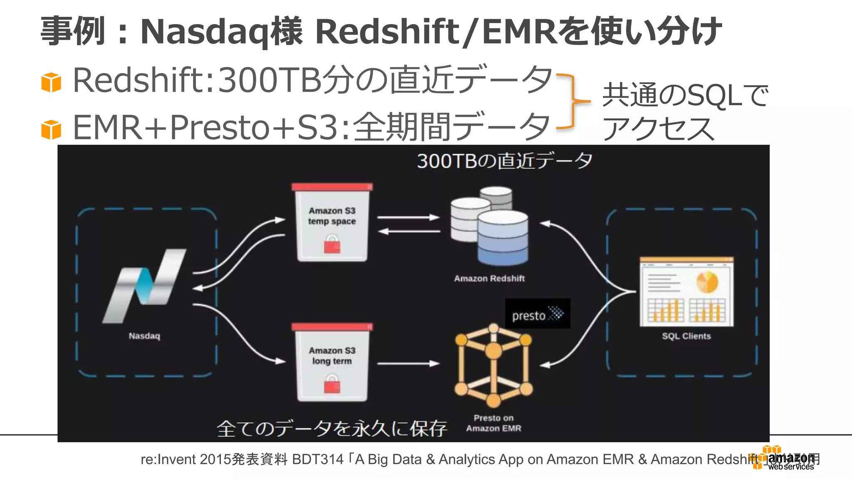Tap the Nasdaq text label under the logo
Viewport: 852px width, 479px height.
point(144,336)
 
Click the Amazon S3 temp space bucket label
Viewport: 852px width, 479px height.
point(332,216)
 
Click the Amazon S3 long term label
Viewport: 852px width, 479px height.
point(332,356)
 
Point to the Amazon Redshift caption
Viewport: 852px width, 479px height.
point(489,279)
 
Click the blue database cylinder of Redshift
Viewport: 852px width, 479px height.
point(503,239)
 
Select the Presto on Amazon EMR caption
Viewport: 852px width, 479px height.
point(493,423)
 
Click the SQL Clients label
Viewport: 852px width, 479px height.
point(686,336)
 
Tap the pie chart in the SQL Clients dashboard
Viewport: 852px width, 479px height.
point(707,282)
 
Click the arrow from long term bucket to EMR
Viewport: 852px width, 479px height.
point(408,363)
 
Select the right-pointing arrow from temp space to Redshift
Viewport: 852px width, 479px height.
point(408,217)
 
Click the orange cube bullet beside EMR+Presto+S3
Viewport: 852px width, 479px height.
point(51,129)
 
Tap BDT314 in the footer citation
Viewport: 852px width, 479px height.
point(318,459)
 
